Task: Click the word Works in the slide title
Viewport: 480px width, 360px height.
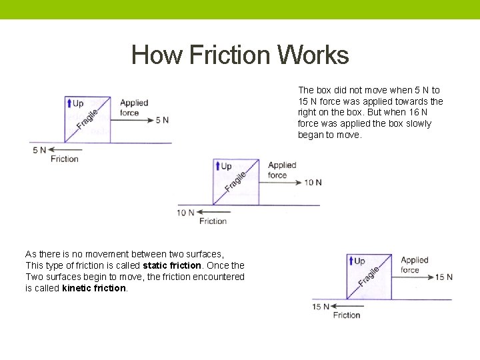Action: (x=313, y=55)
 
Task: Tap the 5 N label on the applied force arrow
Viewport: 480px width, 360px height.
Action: (x=162, y=120)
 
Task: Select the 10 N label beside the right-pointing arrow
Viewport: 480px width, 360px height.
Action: (x=313, y=183)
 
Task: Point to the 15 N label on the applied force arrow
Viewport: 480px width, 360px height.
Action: (x=444, y=277)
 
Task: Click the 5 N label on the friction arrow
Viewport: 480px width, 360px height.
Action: (x=39, y=150)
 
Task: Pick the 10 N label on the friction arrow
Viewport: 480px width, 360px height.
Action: (x=185, y=213)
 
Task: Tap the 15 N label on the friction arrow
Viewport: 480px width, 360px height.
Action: (x=321, y=307)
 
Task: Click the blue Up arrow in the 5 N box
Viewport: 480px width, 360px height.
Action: (x=69, y=103)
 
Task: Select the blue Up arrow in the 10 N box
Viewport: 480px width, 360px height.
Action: (x=217, y=166)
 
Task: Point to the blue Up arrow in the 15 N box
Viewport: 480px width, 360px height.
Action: (x=351, y=261)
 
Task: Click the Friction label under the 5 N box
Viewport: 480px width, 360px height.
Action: (x=65, y=159)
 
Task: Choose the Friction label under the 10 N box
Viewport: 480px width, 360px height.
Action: (x=213, y=221)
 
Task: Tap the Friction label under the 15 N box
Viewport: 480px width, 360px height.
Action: (x=347, y=315)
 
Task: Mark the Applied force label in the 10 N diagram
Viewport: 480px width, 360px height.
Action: (x=281, y=170)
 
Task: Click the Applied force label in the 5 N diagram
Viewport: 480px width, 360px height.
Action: (x=133, y=107)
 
